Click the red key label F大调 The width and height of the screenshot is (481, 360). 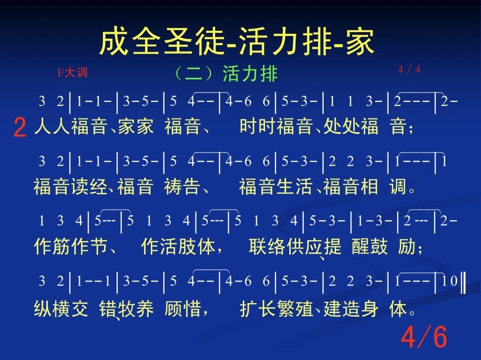pyautogui.click(x=72, y=73)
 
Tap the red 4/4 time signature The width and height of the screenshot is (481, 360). pyautogui.click(x=409, y=70)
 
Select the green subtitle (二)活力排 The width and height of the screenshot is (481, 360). pyautogui.click(x=226, y=74)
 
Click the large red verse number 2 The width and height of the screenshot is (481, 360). pyautogui.click(x=20, y=128)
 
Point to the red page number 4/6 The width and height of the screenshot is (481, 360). pyautogui.click(x=424, y=337)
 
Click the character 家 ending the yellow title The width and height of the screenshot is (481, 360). pyautogui.click(x=360, y=41)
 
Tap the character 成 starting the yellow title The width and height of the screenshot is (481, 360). pyautogui.click(x=113, y=41)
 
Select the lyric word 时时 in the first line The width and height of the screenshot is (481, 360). pyautogui.click(x=258, y=126)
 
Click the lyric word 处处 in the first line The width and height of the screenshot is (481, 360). pyautogui.click(x=341, y=126)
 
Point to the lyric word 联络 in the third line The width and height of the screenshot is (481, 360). pyautogui.click(x=267, y=246)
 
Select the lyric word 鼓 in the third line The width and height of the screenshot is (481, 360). pyautogui.click(x=379, y=246)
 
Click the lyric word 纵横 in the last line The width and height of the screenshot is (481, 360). pyautogui.click(x=52, y=308)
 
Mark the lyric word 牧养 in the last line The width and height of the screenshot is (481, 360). pyautogui.click(x=136, y=308)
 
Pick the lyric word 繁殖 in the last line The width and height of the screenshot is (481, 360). pyautogui.click(x=295, y=308)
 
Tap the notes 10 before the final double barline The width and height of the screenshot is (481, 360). pyautogui.click(x=450, y=281)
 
